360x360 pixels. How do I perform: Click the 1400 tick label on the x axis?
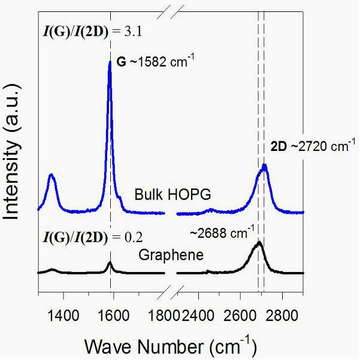click(63, 316)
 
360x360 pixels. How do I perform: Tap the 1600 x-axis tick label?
click(114, 316)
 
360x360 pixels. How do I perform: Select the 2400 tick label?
click(198, 316)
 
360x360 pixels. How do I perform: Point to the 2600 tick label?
click(240, 316)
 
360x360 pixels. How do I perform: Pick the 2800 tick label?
click(282, 316)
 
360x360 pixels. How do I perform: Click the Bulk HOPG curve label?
click(173, 195)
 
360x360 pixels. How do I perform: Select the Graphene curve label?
click(171, 255)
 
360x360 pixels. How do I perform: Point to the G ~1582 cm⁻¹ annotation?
click(155, 61)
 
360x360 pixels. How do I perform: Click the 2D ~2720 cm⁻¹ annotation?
click(313, 146)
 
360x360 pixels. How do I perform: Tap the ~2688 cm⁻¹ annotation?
click(222, 232)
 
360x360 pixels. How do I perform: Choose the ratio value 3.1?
click(133, 32)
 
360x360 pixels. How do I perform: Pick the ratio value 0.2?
click(134, 237)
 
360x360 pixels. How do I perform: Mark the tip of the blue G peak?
click(110, 61)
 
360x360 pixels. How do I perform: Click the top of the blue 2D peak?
click(265, 165)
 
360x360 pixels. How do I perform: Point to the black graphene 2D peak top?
click(259, 243)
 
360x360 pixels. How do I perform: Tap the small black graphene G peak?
click(110, 262)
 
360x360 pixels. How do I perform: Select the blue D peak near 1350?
click(51, 175)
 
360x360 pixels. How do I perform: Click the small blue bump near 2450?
click(211, 209)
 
